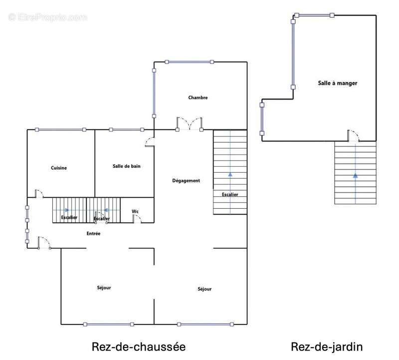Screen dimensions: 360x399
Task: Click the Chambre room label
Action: click(198, 97)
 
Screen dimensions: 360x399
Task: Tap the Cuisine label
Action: click(59, 168)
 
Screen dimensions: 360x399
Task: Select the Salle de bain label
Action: click(126, 166)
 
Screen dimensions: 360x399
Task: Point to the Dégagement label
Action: click(186, 181)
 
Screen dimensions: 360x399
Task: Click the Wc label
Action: click(135, 212)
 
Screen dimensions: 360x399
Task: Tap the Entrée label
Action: click(94, 233)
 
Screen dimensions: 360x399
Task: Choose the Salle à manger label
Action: click(338, 83)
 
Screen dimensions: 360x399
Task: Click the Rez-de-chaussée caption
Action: click(139, 347)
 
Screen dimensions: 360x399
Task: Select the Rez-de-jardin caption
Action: click(327, 347)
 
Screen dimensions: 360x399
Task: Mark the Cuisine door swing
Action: click(39, 194)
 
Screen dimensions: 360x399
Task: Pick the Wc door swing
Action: click(137, 219)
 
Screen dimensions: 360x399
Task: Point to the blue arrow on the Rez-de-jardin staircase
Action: click(356, 176)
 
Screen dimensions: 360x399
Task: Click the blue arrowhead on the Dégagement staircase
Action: click(230, 175)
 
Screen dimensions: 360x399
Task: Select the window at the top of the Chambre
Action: click(190, 62)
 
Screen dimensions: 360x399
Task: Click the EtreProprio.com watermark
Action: click(48, 17)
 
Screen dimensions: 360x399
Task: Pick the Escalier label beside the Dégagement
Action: click(230, 194)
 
